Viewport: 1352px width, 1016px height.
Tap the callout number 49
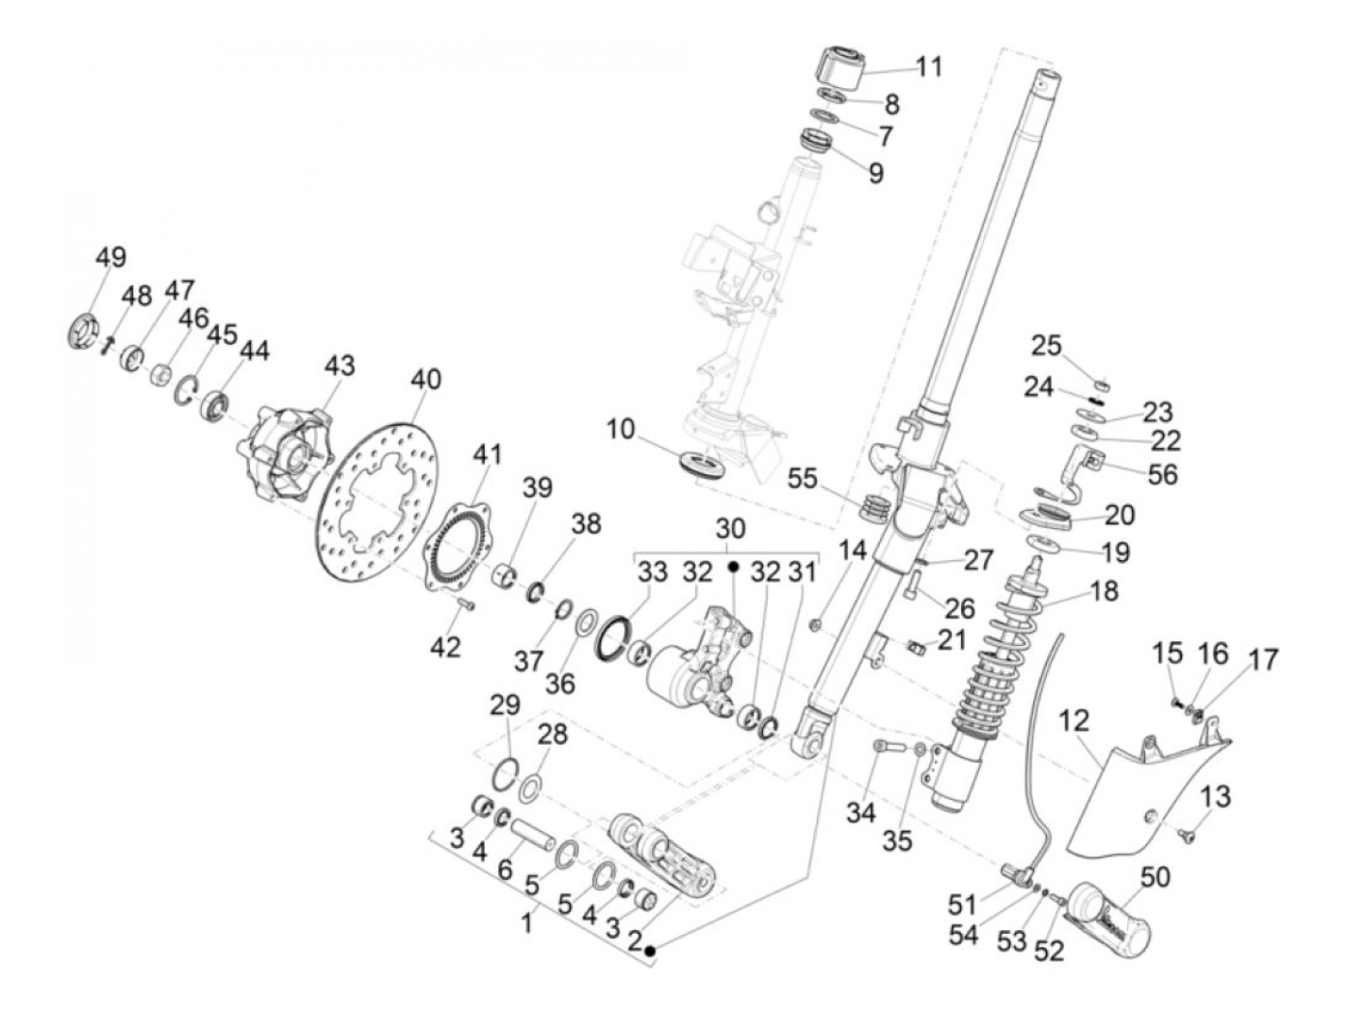click(110, 258)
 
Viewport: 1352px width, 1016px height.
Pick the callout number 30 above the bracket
click(731, 528)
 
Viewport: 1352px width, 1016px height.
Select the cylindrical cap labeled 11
click(840, 64)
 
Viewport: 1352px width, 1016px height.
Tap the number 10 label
click(622, 428)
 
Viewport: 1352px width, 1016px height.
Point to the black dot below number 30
click(732, 567)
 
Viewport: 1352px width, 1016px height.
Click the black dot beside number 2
click(651, 952)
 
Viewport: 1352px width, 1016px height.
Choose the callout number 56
click(1163, 473)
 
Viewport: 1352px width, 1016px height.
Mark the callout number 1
click(526, 922)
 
